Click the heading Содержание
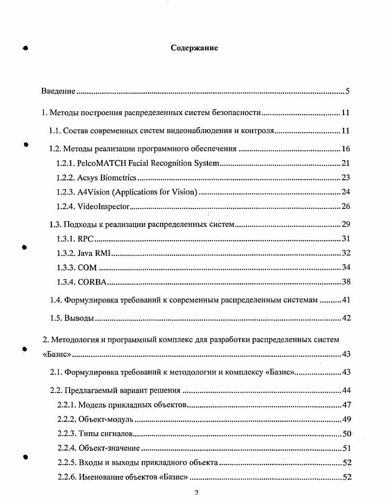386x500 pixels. (194, 48)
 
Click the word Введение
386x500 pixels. (58, 91)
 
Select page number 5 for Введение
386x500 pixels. (347, 91)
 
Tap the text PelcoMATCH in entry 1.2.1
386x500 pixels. (100, 163)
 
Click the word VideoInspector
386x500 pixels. (103, 206)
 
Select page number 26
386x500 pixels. (345, 206)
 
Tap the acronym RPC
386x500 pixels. (86, 238)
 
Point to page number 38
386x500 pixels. (345, 282)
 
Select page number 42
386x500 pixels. (345, 318)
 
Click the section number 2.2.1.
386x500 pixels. (66, 405)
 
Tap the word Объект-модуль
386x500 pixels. (105, 419)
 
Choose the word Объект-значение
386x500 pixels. (109, 448)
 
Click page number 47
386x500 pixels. (346, 405)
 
